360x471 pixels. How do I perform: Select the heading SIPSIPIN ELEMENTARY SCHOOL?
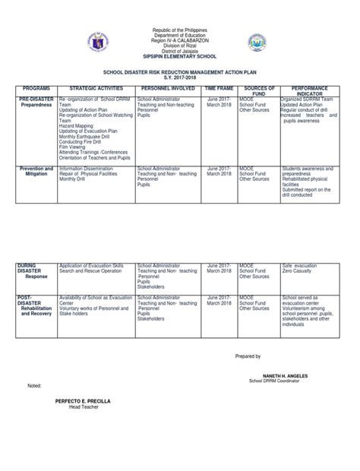click(181, 57)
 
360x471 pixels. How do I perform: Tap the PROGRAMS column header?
click(36, 88)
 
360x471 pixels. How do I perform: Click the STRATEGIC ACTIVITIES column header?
click(94, 88)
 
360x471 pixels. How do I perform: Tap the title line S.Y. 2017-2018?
click(180, 76)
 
